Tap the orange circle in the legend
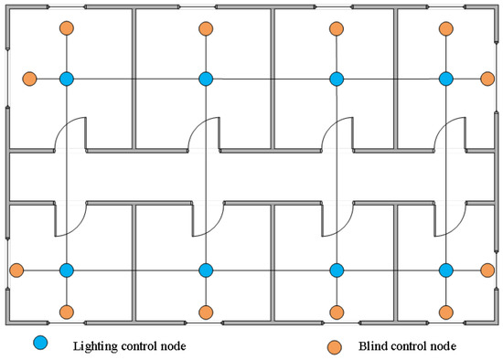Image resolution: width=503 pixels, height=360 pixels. (336, 345)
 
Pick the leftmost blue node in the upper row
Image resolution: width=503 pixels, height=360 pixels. (66, 79)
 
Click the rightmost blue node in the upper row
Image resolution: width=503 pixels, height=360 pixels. (446, 79)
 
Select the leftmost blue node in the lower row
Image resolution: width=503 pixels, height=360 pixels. (66, 270)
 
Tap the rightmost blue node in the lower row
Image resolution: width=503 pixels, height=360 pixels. (446, 270)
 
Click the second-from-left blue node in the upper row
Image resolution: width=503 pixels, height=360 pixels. (206, 79)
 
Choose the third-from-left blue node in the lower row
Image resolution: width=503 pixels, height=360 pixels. (337, 270)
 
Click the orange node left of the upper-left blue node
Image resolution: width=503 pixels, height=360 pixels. (30, 79)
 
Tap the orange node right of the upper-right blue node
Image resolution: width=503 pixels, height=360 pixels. (487, 79)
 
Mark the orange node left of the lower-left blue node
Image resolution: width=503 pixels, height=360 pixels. (16, 270)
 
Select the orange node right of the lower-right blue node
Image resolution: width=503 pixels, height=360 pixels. (487, 270)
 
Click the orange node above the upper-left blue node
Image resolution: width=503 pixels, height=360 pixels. (66, 29)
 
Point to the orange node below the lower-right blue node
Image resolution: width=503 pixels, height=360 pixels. (446, 312)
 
